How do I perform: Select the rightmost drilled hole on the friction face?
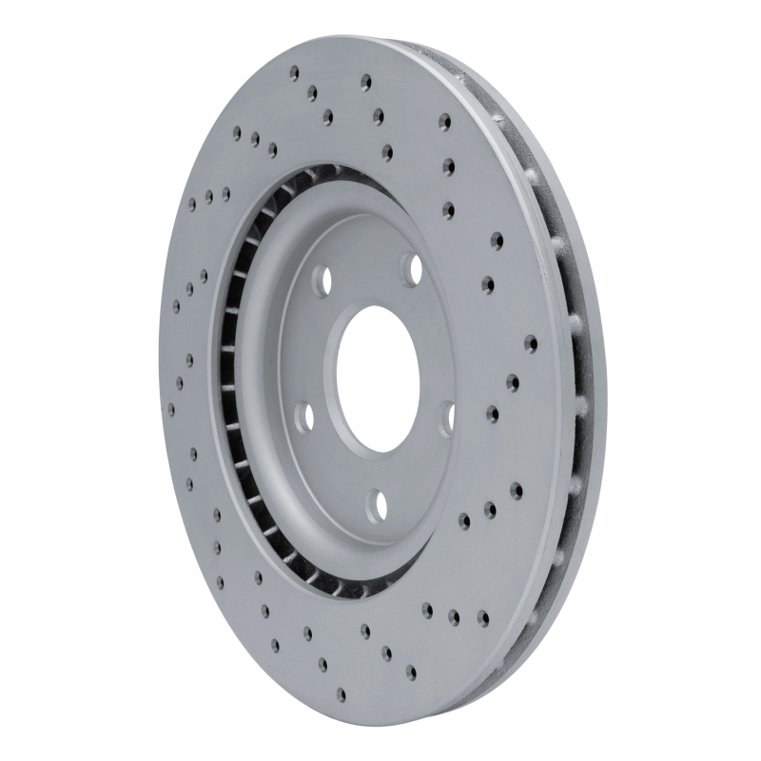click(530, 343)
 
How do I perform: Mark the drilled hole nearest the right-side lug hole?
click(492, 414)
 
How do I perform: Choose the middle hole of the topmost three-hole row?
click(311, 92)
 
